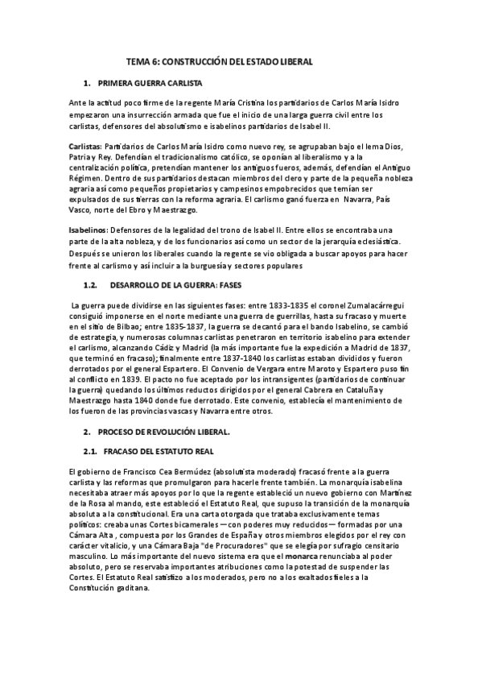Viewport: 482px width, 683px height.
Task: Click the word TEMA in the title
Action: [x=139, y=61]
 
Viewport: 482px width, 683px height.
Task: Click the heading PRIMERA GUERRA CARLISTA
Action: [x=150, y=83]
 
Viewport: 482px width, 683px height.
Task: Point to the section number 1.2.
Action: [x=91, y=285]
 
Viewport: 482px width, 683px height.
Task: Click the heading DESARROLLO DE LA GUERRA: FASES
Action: [x=169, y=285]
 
